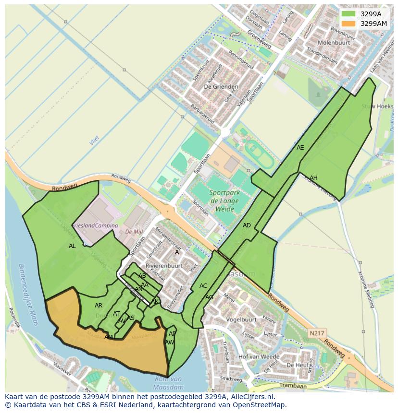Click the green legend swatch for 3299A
pyautogui.click(x=348, y=14)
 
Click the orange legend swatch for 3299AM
pyautogui.click(x=348, y=24)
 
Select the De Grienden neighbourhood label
pyautogui.click(x=214, y=87)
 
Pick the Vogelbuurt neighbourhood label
pyautogui.click(x=241, y=319)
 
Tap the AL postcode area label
pyautogui.click(x=72, y=246)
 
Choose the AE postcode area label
pyautogui.click(x=300, y=148)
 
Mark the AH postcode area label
pyautogui.click(x=313, y=178)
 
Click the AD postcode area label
pyautogui.click(x=247, y=225)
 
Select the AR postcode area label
pyautogui.click(x=99, y=306)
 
